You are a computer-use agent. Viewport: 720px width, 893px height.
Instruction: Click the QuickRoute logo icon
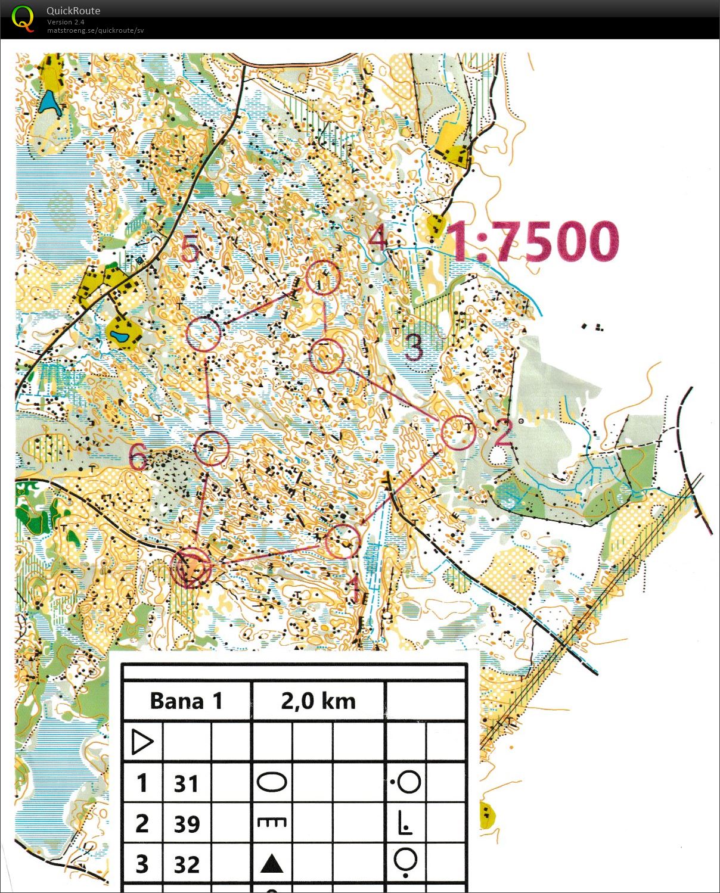[23, 18]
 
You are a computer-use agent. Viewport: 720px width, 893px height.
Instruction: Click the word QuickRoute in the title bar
[73, 11]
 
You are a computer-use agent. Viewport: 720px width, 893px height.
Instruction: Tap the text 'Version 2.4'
[66, 22]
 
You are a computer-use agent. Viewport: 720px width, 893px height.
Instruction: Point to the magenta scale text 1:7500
[533, 241]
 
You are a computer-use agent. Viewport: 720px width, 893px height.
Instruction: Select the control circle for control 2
[458, 432]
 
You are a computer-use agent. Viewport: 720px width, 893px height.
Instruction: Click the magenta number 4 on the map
[377, 238]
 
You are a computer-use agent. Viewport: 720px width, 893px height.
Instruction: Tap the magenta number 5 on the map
[190, 248]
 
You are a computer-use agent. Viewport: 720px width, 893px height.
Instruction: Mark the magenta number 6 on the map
[138, 458]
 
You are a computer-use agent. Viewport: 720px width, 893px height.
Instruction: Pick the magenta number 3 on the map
[414, 347]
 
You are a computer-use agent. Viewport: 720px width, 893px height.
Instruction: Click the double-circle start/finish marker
[191, 567]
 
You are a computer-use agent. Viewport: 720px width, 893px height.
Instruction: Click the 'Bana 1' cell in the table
[186, 701]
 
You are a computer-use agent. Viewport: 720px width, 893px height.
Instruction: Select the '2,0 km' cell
[318, 701]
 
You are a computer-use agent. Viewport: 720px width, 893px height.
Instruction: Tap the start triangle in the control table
[142, 742]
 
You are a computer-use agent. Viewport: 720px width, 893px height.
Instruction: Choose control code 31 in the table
[186, 783]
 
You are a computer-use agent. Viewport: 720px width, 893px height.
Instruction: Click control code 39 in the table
[186, 824]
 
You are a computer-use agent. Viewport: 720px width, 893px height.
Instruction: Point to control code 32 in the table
[186, 864]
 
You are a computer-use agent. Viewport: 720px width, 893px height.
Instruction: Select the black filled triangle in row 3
[272, 863]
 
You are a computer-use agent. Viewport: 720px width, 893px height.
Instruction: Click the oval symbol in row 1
[272, 782]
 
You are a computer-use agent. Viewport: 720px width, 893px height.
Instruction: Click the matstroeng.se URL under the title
[95, 30]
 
